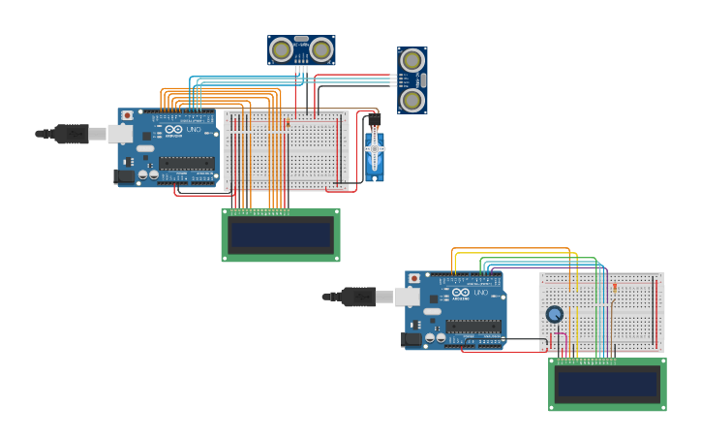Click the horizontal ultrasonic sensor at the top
(x=301, y=49)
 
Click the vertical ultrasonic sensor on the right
(x=412, y=80)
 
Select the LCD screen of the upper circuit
(x=281, y=235)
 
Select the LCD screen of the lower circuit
(x=607, y=384)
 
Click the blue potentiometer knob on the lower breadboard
(x=554, y=314)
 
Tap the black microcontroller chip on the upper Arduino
(x=186, y=163)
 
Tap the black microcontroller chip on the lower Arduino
(x=473, y=326)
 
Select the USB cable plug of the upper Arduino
(x=72, y=134)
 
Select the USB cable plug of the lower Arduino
(x=359, y=297)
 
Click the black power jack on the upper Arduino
(x=124, y=176)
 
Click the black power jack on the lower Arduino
(x=412, y=339)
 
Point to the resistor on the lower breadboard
(x=615, y=287)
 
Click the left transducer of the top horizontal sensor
(x=282, y=49)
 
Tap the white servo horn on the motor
(x=374, y=149)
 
